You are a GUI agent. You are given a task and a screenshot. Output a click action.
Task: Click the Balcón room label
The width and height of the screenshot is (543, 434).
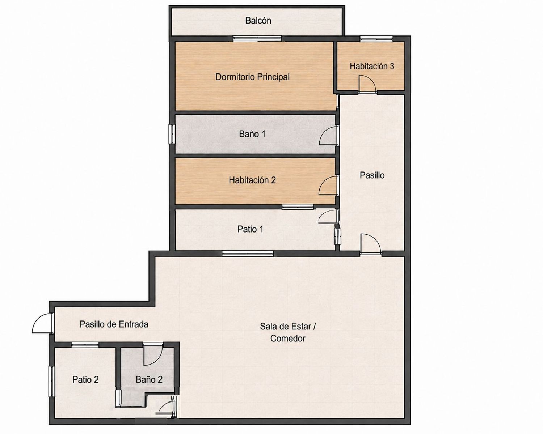point(258,20)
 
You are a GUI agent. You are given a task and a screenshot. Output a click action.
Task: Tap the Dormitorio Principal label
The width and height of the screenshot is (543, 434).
point(252,77)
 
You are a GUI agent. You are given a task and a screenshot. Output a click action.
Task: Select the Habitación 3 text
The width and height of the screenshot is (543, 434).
point(372,66)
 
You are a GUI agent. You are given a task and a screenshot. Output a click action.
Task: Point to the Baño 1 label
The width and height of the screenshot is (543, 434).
point(252,134)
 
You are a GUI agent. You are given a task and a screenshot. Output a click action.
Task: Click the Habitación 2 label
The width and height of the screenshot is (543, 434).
point(252,180)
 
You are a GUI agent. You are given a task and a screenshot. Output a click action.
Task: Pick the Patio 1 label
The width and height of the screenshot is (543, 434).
point(250,229)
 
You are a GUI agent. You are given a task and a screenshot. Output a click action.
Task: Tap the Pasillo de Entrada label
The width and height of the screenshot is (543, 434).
point(114,324)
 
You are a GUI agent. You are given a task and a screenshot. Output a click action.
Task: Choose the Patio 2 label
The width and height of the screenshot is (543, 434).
point(85,379)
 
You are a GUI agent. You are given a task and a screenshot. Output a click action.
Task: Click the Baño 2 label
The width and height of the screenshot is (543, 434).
point(149,379)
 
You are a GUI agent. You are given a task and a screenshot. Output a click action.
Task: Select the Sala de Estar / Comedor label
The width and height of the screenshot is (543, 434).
point(288,332)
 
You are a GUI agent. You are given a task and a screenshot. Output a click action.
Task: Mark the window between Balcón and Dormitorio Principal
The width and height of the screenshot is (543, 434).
point(257,39)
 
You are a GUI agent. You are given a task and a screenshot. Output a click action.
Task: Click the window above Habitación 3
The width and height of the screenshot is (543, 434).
point(376,39)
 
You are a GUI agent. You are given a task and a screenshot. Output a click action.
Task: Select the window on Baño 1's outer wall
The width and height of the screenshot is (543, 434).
point(172,134)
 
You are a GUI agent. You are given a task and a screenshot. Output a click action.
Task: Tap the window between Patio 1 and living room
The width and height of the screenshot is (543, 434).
point(248,254)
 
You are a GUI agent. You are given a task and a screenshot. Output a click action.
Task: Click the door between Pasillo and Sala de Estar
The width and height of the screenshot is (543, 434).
point(370,244)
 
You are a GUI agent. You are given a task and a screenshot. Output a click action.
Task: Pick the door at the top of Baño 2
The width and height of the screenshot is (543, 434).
point(153,355)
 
